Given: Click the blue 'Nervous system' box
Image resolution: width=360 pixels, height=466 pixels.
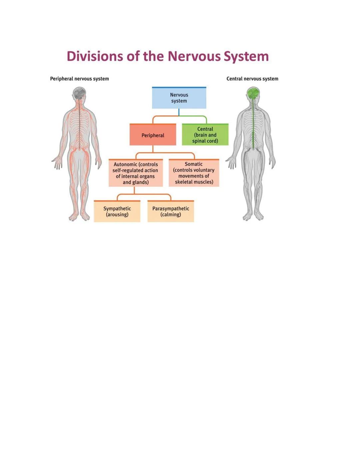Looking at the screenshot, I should click(x=179, y=98).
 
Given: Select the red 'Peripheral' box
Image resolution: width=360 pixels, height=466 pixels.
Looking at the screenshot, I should click(x=153, y=135).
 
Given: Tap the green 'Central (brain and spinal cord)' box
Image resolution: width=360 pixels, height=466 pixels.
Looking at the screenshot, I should click(x=205, y=135).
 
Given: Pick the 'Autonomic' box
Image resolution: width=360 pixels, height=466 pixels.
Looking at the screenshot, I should click(x=135, y=173).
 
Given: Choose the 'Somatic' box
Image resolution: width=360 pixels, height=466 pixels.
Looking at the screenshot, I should click(x=194, y=173).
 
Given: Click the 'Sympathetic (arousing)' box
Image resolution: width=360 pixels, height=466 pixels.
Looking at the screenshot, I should click(x=117, y=211).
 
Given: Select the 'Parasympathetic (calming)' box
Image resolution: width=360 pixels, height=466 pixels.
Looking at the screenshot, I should click(x=170, y=211).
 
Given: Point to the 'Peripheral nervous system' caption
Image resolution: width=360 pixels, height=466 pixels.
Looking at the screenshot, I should click(x=79, y=79).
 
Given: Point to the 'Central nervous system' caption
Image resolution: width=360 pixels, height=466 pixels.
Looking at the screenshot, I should click(x=252, y=79).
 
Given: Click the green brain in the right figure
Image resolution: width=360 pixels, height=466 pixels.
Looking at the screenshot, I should click(x=253, y=93).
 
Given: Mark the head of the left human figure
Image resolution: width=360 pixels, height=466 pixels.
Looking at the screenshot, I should click(x=79, y=94).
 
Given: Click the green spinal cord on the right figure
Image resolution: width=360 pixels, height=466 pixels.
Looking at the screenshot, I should click(x=254, y=127).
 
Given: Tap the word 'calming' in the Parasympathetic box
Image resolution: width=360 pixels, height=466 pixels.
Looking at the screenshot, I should click(x=171, y=214).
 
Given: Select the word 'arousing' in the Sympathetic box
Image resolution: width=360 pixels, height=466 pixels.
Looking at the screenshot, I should click(x=117, y=214).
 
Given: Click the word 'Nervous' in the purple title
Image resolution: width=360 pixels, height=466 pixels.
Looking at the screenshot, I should click(x=194, y=56).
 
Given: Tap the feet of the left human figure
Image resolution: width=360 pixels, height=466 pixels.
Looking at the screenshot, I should click(x=79, y=217).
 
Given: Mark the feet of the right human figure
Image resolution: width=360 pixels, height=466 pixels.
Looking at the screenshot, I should click(x=253, y=217).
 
